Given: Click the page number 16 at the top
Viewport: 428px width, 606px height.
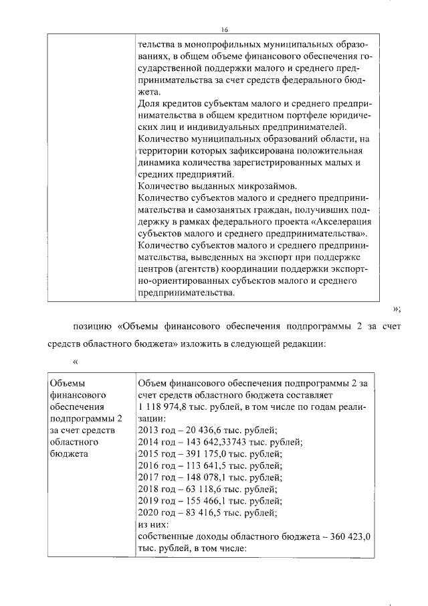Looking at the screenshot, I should pos(225,29).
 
